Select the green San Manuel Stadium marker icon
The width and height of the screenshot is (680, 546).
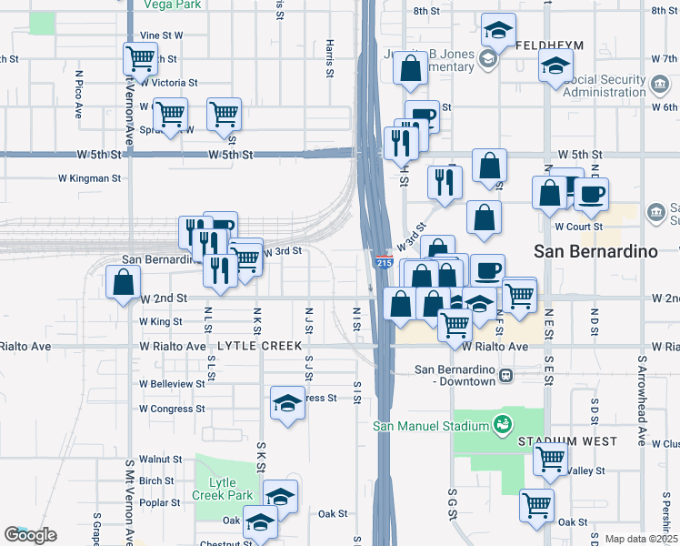pos(500,424)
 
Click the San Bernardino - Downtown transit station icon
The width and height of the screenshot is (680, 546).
pos(505,375)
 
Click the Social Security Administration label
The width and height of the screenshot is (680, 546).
pos(609,86)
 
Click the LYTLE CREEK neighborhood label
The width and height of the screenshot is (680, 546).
pos(252,347)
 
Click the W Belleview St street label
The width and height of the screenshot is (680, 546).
pos(173,384)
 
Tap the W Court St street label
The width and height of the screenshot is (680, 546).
pos(579,226)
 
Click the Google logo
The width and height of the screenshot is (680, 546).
pos(30,535)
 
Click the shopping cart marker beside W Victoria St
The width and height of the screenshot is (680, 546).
pos(141,59)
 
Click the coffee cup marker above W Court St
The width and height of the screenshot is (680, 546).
pos(591,193)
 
